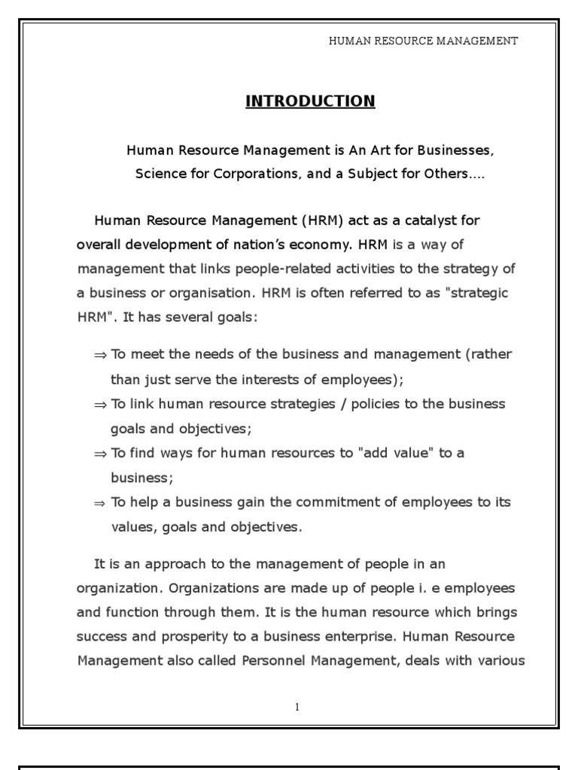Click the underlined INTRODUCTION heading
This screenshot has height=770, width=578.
pyautogui.click(x=310, y=101)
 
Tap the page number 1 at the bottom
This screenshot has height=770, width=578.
pyautogui.click(x=297, y=707)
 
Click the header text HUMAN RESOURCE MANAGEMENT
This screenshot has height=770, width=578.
pyautogui.click(x=423, y=41)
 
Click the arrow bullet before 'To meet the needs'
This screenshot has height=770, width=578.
pyautogui.click(x=100, y=355)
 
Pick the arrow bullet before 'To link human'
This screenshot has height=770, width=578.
pyautogui.click(x=100, y=405)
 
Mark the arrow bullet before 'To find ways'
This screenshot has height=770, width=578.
pyautogui.click(x=100, y=454)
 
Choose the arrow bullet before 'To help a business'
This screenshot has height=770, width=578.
pyautogui.click(x=100, y=503)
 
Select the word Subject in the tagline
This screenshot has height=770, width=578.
pyautogui.click(x=393, y=174)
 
